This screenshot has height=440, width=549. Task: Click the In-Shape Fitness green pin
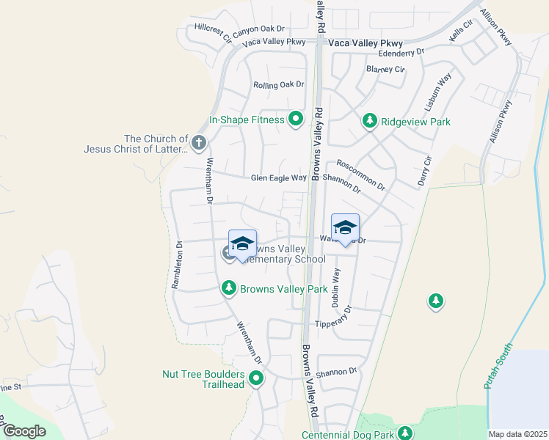click(x=296, y=119)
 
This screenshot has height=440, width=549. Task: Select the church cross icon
click(x=198, y=142)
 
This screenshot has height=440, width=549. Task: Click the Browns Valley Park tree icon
click(x=229, y=289)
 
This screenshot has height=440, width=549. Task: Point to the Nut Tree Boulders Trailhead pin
click(x=256, y=378)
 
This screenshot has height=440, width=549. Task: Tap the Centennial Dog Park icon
click(x=405, y=434)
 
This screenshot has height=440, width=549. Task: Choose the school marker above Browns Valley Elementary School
click(x=241, y=244)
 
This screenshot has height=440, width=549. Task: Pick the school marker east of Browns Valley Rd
click(x=345, y=227)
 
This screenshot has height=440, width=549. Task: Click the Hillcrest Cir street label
click(x=213, y=32)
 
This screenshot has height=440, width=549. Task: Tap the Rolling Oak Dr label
click(x=278, y=85)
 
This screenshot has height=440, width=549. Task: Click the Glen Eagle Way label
click(x=278, y=177)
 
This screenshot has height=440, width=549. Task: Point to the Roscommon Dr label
click(x=361, y=175)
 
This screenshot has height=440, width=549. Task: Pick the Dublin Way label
click(x=336, y=286)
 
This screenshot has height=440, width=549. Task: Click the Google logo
click(x=24, y=430)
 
